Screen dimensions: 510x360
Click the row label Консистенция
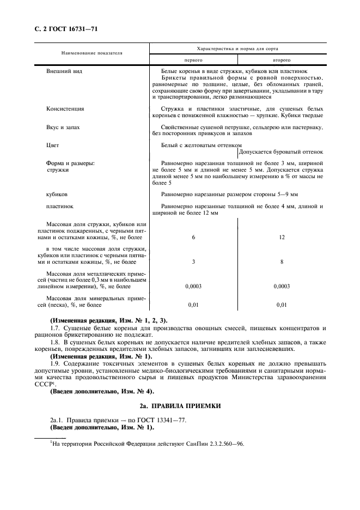point(65,108)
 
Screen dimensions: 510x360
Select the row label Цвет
point(53,145)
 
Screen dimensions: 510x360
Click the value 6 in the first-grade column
point(193,238)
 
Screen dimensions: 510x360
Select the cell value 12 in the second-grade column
point(281,238)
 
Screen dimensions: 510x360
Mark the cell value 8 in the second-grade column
point(281,262)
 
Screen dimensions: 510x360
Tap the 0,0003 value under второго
point(281,286)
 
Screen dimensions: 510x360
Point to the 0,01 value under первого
point(193,305)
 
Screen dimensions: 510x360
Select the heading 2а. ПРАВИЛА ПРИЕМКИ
point(180,405)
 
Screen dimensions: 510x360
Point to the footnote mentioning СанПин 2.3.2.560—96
point(147,444)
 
